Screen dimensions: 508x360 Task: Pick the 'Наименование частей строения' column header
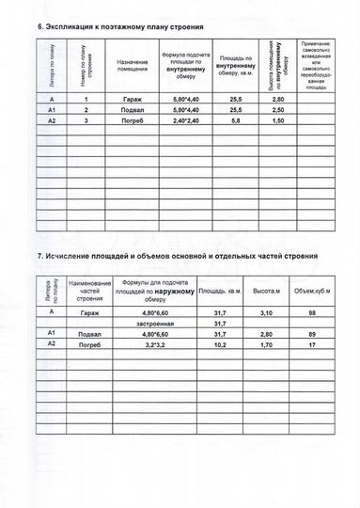90,292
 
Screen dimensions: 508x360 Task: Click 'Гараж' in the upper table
132,99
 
